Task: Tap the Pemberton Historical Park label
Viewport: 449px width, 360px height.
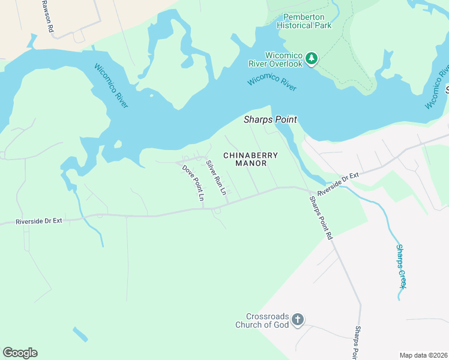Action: click(304, 21)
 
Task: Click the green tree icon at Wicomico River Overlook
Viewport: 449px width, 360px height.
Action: click(311, 58)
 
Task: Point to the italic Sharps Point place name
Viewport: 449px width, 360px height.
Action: click(270, 120)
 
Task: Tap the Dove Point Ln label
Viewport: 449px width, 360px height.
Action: click(193, 183)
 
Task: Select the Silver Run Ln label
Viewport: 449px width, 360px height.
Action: click(216, 178)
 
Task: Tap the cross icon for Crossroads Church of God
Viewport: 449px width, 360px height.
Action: click(298, 321)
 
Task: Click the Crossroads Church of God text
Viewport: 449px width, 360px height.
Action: click(267, 321)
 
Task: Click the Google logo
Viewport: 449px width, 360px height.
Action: click(20, 352)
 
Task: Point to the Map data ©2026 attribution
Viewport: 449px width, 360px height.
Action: click(423, 355)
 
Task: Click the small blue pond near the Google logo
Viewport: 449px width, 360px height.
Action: click(80, 334)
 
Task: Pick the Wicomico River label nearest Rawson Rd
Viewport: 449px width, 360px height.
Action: click(112, 85)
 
